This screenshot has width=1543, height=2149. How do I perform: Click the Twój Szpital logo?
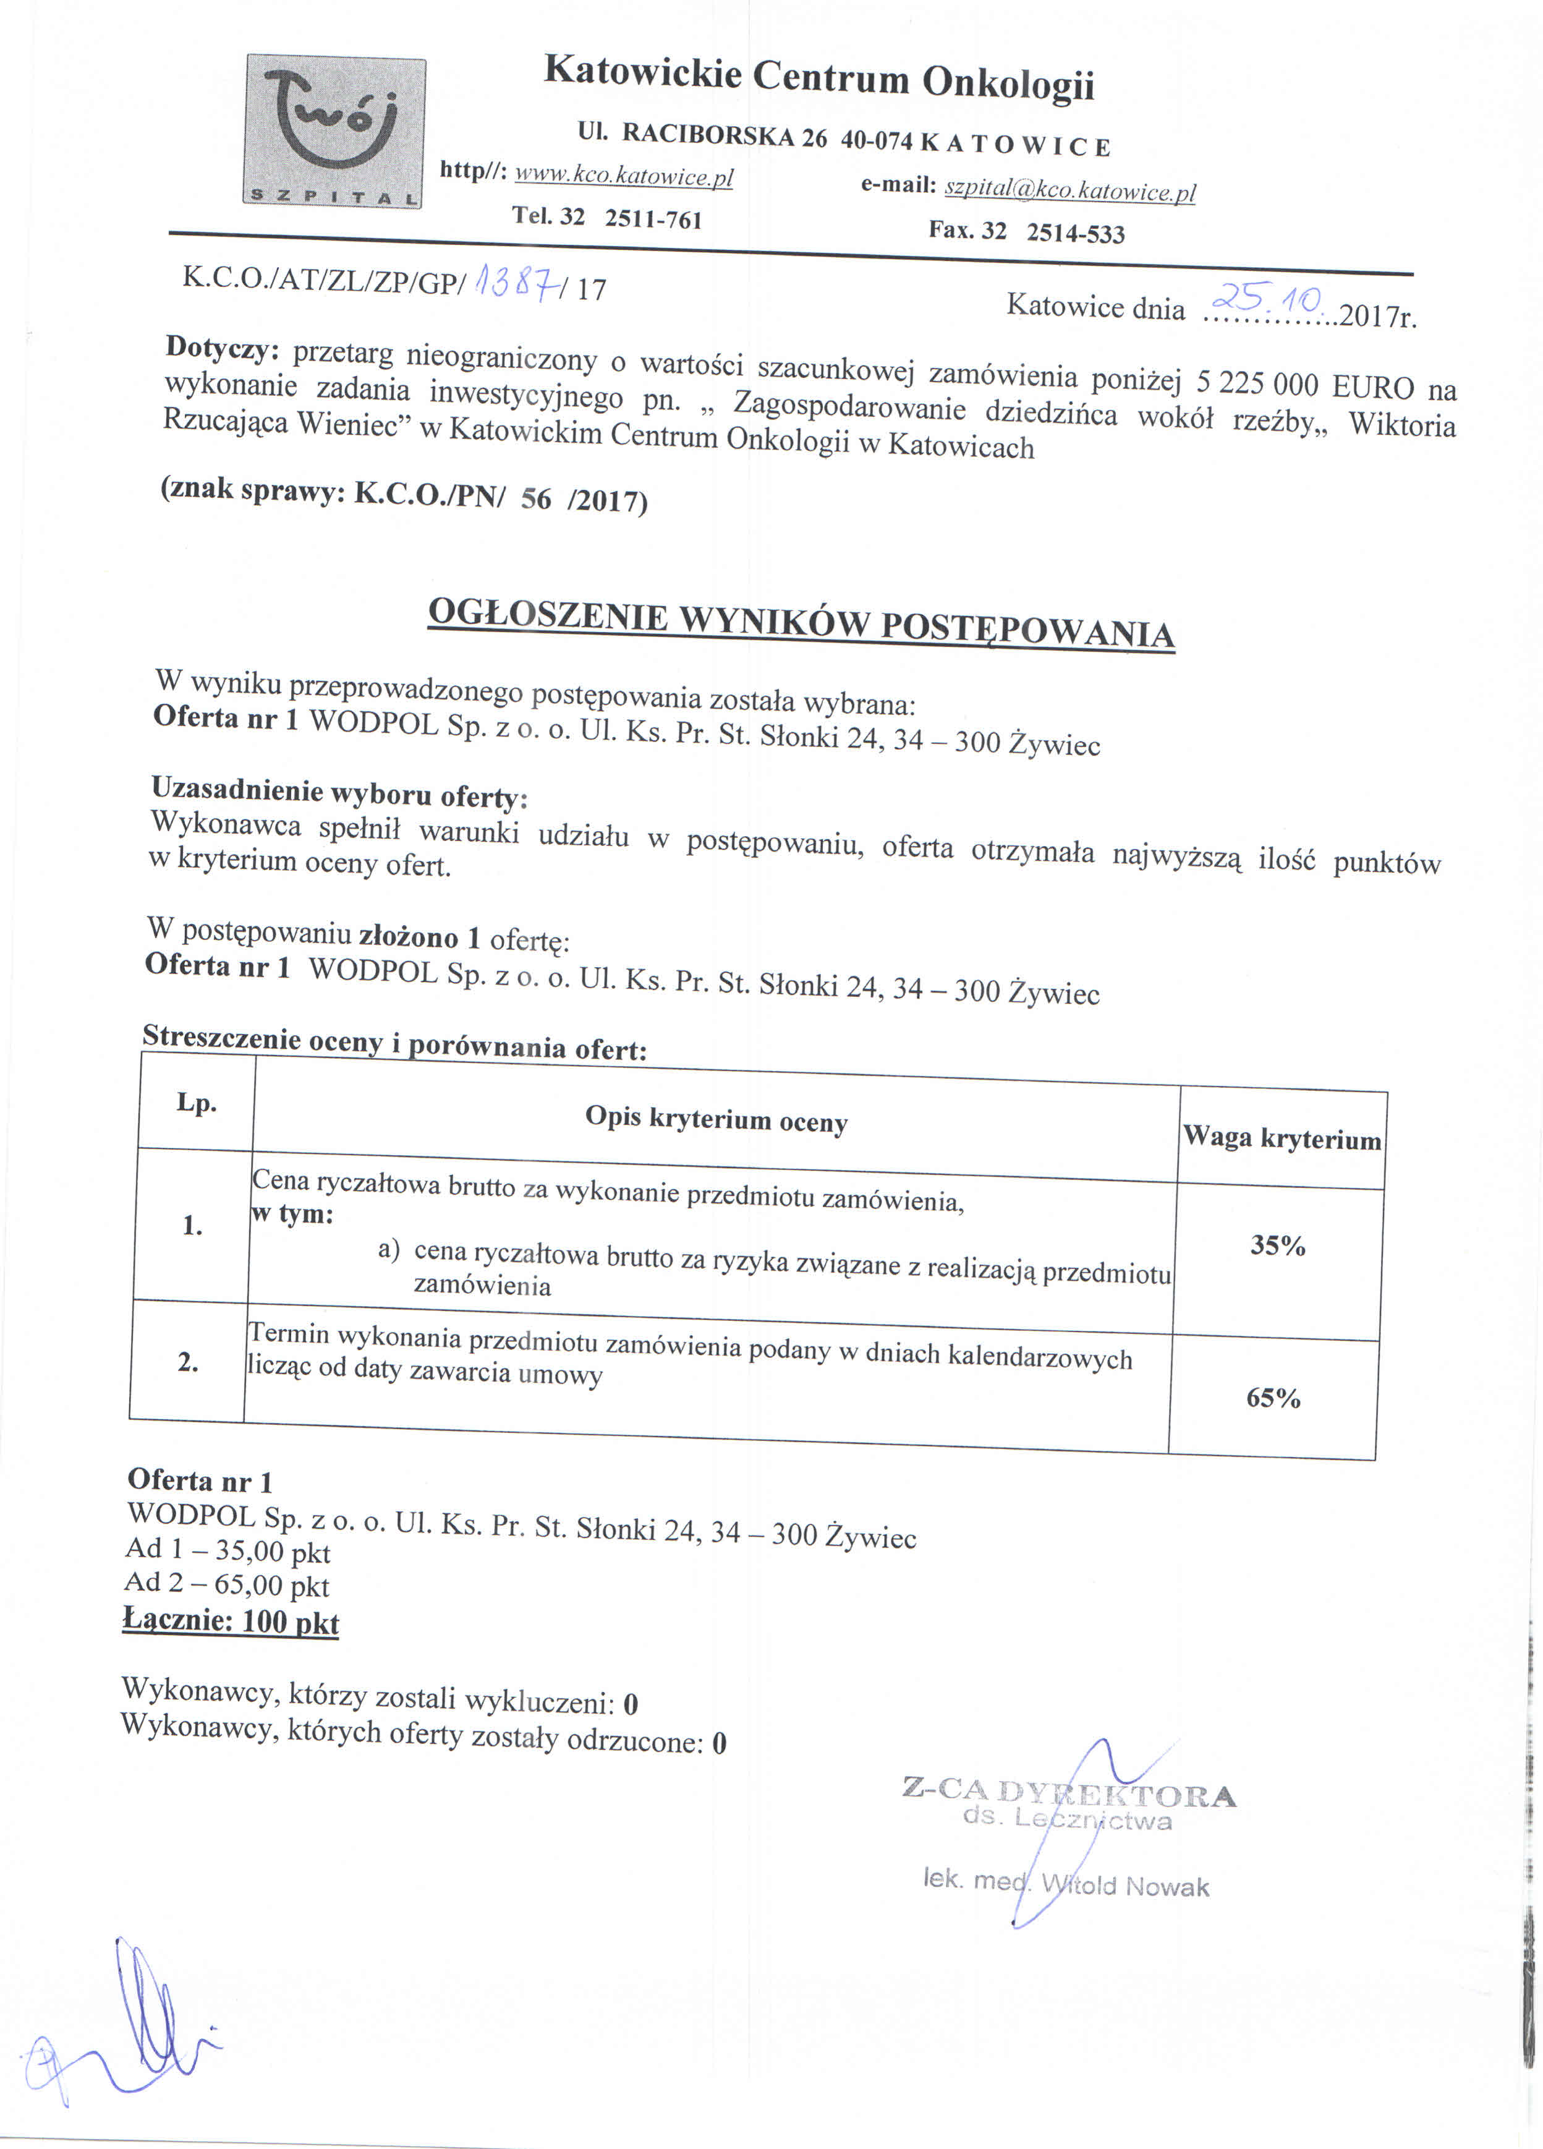click(334, 130)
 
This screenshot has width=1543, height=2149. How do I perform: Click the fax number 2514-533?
click(1075, 233)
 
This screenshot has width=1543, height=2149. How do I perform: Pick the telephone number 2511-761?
click(653, 219)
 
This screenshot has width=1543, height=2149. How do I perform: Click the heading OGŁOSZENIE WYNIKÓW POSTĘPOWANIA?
click(801, 623)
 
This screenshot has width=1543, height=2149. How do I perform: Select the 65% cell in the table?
click(1273, 1398)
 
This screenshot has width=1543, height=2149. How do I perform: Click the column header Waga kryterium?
click(1282, 1138)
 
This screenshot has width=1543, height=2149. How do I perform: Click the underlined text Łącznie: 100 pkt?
click(231, 1620)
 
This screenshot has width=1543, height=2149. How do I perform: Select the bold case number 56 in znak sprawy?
click(535, 498)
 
